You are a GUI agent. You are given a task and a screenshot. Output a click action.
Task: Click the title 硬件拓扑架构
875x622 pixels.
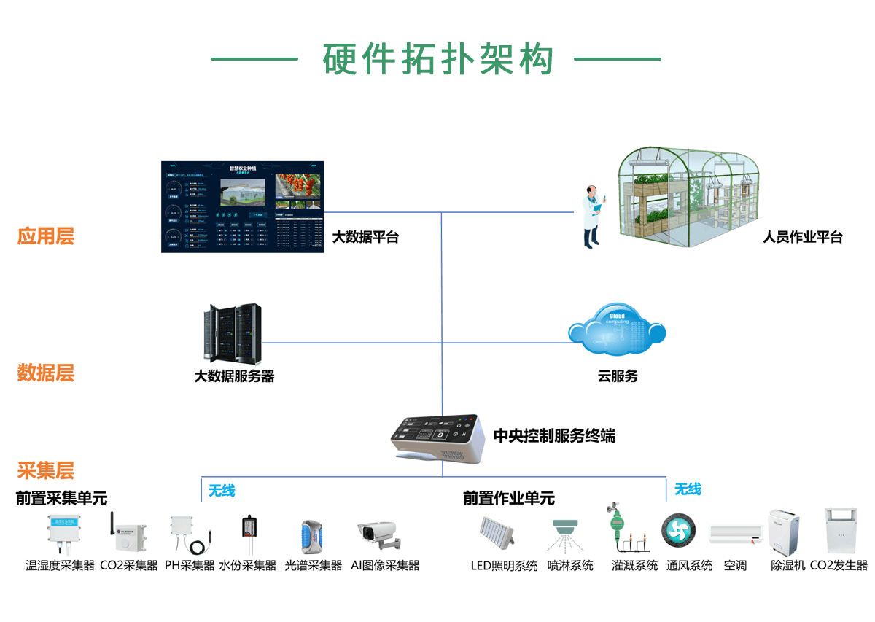[437, 60]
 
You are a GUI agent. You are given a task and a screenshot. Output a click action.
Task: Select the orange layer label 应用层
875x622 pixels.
[46, 236]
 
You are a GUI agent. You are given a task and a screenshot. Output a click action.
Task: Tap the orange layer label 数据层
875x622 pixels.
[46, 373]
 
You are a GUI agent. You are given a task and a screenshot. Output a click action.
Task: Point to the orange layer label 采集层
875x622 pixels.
[46, 470]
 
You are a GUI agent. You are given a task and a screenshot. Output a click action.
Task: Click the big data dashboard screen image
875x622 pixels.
[241, 207]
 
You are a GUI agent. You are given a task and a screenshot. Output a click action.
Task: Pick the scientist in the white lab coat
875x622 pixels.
[591, 217]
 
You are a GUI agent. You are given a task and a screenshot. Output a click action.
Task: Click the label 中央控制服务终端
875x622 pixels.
[554, 436]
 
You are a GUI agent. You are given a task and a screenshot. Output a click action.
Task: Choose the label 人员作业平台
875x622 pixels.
[802, 237]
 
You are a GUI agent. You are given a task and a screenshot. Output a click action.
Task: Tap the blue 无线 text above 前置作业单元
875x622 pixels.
[688, 489]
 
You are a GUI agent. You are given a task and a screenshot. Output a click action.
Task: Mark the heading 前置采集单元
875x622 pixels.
[62, 498]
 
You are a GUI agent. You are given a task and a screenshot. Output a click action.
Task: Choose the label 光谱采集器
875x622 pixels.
[314, 565]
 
